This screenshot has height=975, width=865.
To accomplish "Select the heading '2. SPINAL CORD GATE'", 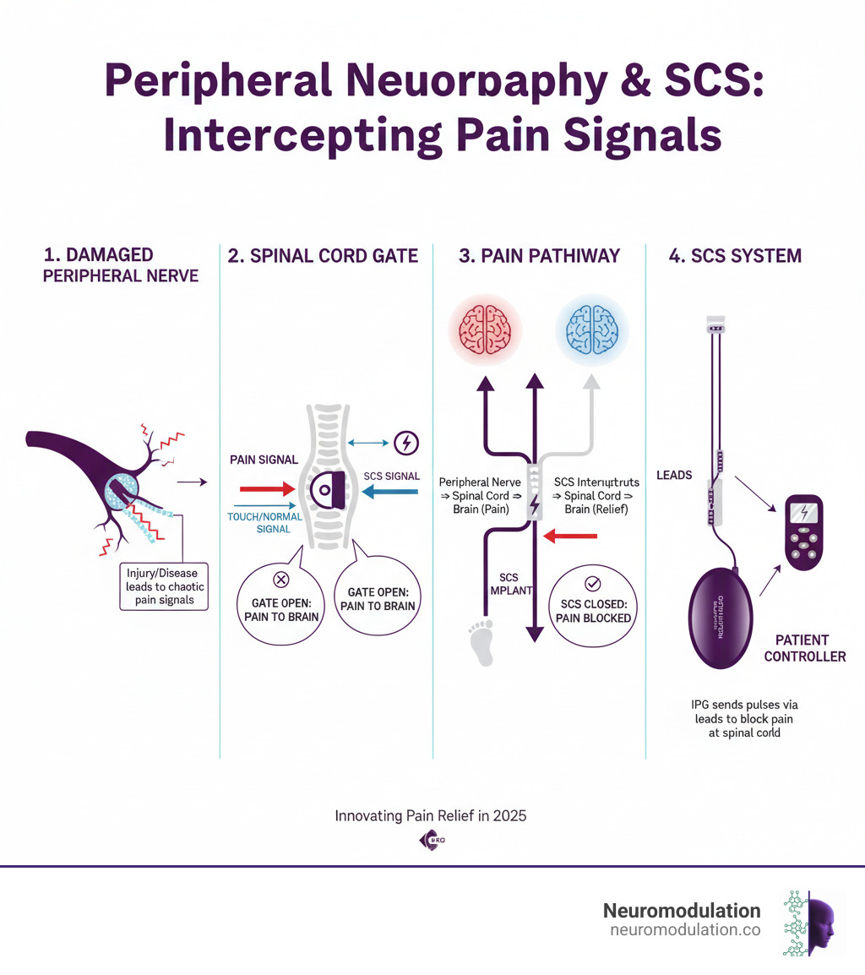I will click(324, 255).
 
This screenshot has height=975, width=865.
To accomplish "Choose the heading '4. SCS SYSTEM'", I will click(734, 255).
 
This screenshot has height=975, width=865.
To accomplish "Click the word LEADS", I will click(674, 475).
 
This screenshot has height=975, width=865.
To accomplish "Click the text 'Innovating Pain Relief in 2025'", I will click(431, 816).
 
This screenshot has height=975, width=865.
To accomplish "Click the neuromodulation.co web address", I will click(684, 929).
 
